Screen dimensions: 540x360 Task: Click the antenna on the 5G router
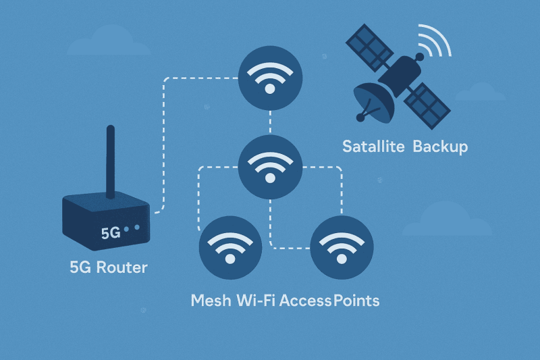tap(111, 162)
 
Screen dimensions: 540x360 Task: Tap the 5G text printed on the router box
tap(111, 233)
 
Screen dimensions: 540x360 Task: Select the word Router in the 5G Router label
tap(122, 267)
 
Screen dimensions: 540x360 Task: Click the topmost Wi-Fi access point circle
tap(271, 78)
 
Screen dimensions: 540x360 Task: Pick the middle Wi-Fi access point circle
tap(271, 167)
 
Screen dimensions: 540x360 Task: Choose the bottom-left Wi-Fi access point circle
tap(230, 248)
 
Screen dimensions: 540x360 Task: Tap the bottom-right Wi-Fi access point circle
tap(342, 248)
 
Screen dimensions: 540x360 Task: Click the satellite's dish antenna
tap(374, 103)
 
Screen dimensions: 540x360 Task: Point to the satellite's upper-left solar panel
tap(369, 47)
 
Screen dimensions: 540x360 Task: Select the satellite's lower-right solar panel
tap(427, 106)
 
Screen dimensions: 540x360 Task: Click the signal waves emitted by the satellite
tap(435, 41)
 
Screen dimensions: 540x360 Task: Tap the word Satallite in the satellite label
tap(373, 147)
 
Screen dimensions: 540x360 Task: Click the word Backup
tap(441, 147)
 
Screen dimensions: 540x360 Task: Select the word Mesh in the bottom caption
tap(211, 301)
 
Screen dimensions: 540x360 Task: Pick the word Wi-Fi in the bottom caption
tap(256, 301)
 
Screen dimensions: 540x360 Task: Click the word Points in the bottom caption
tap(356, 301)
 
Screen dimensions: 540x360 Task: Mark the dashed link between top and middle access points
tap(271, 123)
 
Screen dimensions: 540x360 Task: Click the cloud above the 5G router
tap(109, 42)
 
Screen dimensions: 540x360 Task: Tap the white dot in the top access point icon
tap(270, 89)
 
